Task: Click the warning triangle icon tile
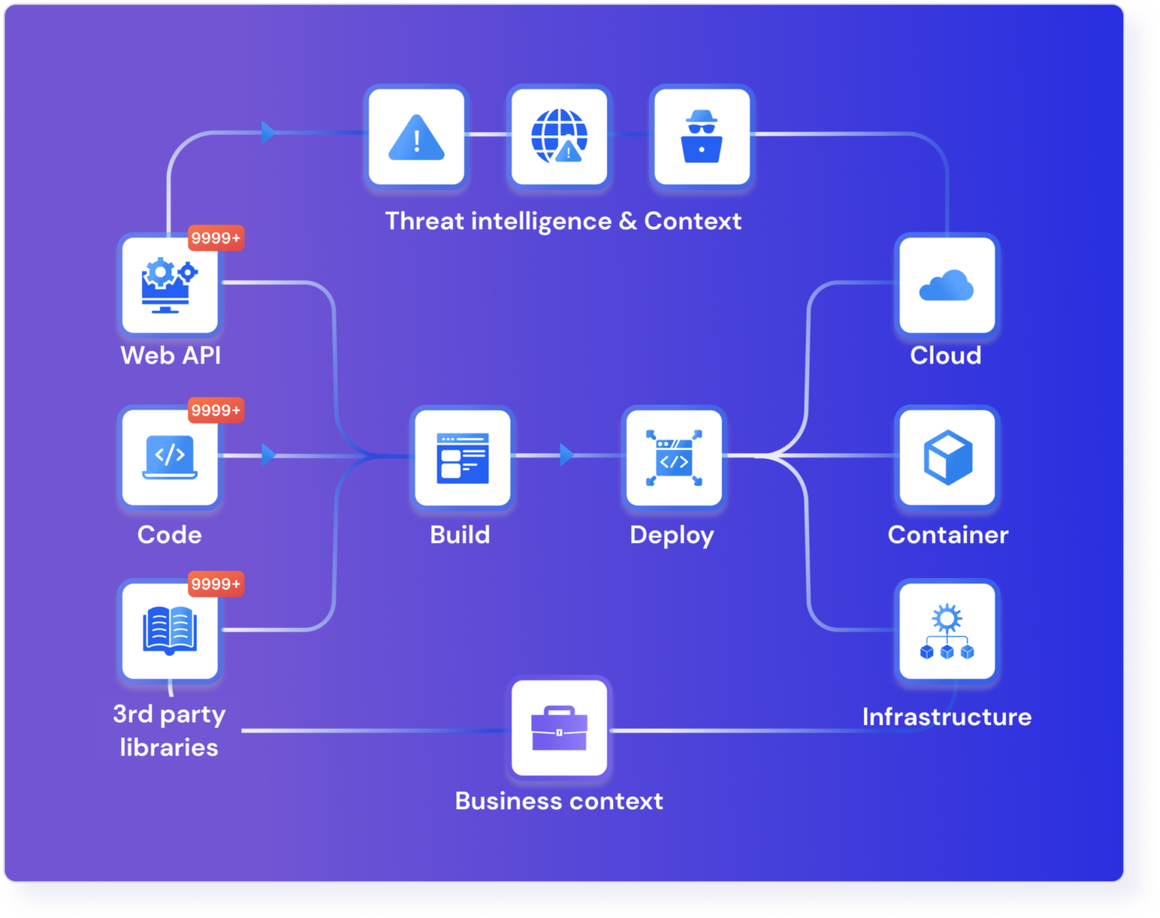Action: [x=416, y=137]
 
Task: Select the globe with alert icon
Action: [x=559, y=137]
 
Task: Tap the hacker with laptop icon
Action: [x=702, y=137]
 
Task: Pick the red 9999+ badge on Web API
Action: [x=216, y=238]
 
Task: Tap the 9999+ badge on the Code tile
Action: [x=216, y=410]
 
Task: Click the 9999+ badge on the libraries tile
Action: [x=216, y=584]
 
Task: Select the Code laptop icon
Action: [x=170, y=457]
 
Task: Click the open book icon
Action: [x=170, y=630]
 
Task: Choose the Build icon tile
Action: [x=462, y=457]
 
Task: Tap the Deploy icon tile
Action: [x=674, y=457]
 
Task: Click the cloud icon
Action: [x=946, y=286]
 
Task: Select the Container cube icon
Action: [x=947, y=457]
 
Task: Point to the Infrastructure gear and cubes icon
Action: [x=947, y=630]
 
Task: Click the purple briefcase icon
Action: [x=559, y=728]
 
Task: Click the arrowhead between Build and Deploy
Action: [x=566, y=455]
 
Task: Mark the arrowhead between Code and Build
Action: [x=268, y=455]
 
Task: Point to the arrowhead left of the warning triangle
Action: [x=268, y=132]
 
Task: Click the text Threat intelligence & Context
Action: [x=563, y=221]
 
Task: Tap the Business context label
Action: [x=559, y=801]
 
